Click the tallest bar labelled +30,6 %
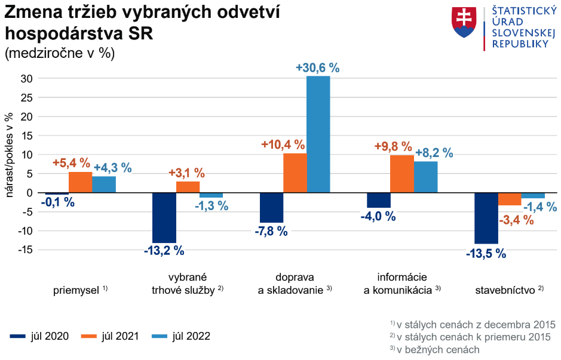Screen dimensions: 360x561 coord(318,134)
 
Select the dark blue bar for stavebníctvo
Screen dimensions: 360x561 coord(486,218)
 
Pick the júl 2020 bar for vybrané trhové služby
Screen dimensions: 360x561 coord(164,217)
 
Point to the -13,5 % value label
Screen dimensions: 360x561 coord(486,253)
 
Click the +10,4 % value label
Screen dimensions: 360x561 coord(283,144)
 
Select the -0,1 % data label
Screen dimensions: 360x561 coord(57,202)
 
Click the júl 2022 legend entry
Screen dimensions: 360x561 coord(180,336)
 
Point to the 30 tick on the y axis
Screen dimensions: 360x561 coord(26,78)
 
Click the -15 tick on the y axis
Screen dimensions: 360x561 coord(24,250)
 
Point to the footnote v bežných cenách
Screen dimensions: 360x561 coord(438,350)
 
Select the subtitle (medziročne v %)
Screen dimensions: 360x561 coord(59,53)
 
